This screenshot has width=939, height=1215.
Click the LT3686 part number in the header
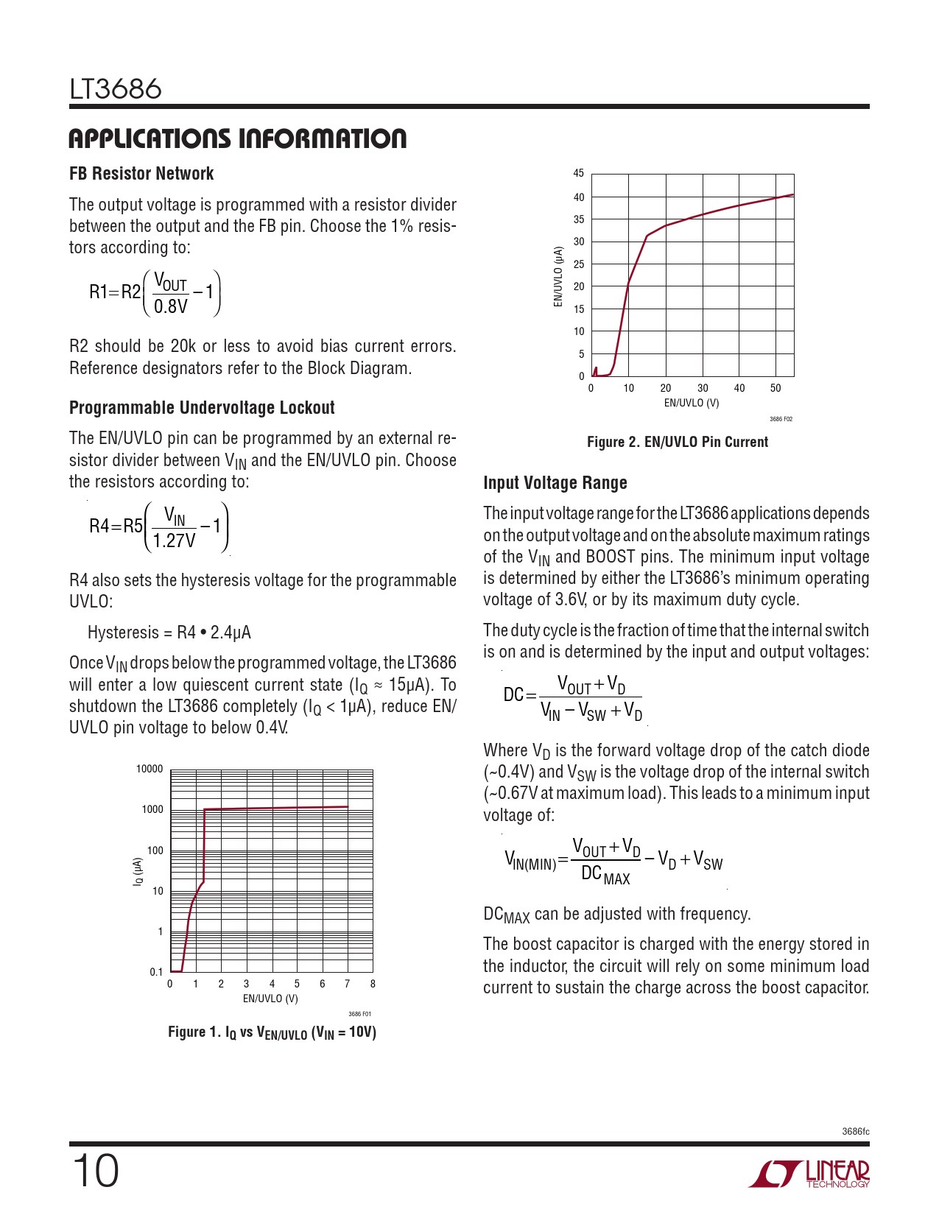[116, 89]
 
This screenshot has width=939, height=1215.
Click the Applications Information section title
[237, 138]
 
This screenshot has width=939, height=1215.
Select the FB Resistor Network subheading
[141, 174]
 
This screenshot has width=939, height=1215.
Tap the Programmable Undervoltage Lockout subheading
[202, 408]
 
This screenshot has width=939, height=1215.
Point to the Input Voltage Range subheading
[555, 483]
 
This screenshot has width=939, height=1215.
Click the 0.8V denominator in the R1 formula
[171, 306]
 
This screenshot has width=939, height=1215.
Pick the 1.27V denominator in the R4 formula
[174, 541]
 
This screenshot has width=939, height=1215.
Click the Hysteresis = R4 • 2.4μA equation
[169, 633]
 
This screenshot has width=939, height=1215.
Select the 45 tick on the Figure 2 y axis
[579, 174]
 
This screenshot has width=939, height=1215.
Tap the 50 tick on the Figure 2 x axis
[776, 388]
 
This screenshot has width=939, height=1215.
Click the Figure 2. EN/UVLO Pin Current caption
[678, 442]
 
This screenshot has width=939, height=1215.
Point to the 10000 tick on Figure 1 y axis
[150, 769]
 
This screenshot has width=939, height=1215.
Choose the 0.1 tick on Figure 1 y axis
[156, 972]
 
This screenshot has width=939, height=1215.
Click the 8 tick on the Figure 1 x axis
[373, 984]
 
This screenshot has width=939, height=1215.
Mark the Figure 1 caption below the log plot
[272, 1032]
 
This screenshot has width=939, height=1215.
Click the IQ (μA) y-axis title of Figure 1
[137, 871]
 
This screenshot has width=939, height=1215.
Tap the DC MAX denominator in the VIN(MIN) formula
[605, 876]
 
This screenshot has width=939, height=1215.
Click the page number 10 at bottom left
[95, 1171]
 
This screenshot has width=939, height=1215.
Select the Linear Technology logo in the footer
[809, 1174]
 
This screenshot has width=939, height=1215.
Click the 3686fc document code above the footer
[855, 1132]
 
